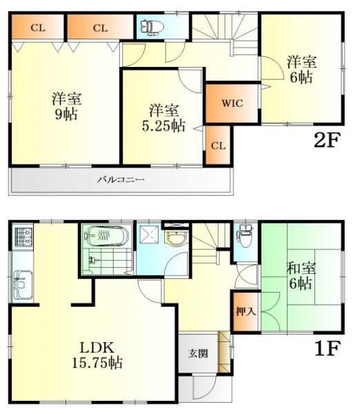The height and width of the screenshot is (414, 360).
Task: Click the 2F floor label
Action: point(327,140)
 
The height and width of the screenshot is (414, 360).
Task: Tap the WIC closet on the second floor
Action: point(230,103)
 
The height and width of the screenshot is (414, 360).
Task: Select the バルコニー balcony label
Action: point(120,180)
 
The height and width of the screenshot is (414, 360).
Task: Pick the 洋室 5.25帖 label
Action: point(163,117)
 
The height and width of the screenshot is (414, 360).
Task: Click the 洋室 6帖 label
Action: point(301,70)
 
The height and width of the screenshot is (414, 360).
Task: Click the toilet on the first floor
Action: point(243,236)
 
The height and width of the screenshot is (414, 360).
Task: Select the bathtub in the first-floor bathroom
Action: point(108,236)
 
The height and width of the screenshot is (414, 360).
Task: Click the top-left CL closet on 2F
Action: point(37,28)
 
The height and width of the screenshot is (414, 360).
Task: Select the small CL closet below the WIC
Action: point(217,145)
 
